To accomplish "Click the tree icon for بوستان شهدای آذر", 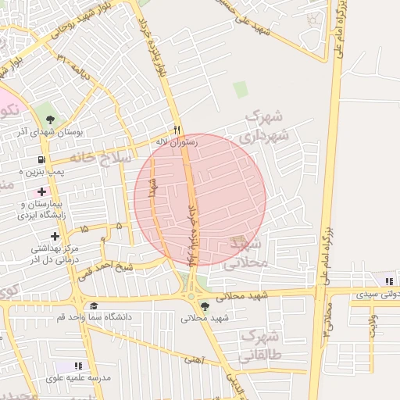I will point(51,120).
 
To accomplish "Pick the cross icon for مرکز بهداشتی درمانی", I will point(55,235).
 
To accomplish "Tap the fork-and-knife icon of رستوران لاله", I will point(177,130).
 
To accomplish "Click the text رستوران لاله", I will point(177,142).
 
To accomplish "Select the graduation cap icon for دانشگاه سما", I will point(94,306).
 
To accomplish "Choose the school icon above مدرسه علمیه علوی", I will point(77,366).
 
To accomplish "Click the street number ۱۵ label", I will point(84,230).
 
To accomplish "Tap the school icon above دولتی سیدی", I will point(388,281).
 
